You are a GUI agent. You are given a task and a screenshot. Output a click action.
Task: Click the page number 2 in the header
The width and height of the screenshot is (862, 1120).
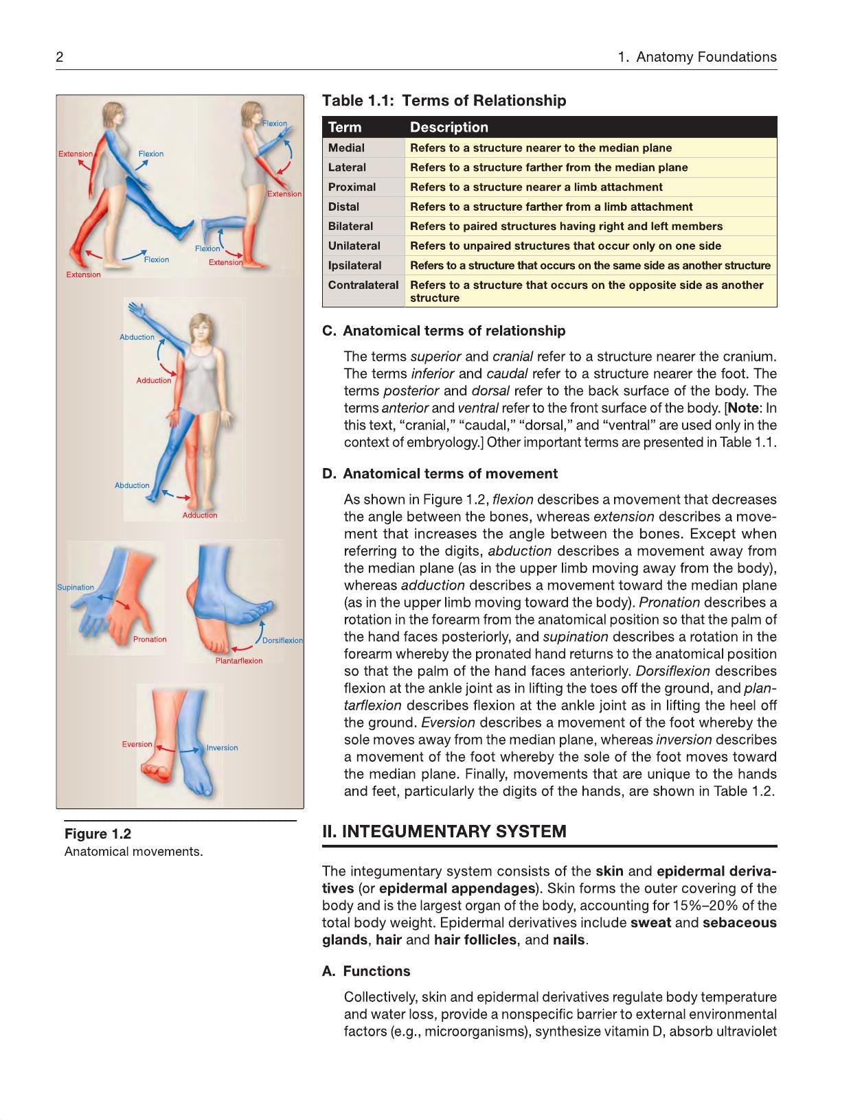pyautogui.click(x=59, y=57)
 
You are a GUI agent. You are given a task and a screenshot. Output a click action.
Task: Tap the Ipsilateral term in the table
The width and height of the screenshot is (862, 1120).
pyautogui.click(x=354, y=266)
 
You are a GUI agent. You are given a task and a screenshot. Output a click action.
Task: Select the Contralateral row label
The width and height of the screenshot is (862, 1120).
pyautogui.click(x=363, y=285)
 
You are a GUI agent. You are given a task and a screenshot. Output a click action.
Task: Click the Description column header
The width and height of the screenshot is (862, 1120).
pyautogui.click(x=449, y=128)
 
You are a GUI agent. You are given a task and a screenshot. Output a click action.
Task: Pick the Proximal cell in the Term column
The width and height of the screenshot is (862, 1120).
pyautogui.click(x=352, y=187)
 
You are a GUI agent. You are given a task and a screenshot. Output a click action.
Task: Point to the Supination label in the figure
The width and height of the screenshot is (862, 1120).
pyautogui.click(x=76, y=587)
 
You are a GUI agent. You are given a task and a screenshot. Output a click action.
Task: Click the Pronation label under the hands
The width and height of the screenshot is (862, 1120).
pyautogui.click(x=150, y=639)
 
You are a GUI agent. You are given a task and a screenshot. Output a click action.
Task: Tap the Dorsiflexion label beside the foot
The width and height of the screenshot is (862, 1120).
pyautogui.click(x=282, y=640)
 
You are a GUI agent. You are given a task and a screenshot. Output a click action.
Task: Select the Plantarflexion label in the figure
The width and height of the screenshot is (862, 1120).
pyautogui.click(x=239, y=661)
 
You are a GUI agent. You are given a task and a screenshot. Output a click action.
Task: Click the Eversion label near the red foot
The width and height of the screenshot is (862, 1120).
pyautogui.click(x=137, y=744)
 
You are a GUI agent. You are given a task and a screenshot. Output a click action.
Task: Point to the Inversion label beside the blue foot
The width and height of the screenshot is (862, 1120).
pyautogui.click(x=222, y=748)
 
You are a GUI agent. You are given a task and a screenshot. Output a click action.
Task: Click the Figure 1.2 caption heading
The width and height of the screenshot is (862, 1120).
pyautogui.click(x=98, y=834)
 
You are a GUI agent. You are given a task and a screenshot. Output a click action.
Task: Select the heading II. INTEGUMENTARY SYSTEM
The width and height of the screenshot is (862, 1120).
pyautogui.click(x=444, y=831)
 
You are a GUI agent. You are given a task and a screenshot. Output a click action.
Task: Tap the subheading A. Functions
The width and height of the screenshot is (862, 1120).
pyautogui.click(x=365, y=971)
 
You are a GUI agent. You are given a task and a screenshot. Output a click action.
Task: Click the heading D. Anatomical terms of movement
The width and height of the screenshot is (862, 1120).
pyautogui.click(x=440, y=474)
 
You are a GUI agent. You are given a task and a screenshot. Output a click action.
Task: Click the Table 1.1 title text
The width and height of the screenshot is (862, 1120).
pyautogui.click(x=444, y=100)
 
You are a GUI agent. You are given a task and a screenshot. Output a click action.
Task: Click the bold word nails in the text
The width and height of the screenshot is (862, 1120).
pyautogui.click(x=569, y=940)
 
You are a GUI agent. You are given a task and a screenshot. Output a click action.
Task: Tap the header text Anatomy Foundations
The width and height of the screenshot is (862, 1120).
pyautogui.click(x=706, y=57)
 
